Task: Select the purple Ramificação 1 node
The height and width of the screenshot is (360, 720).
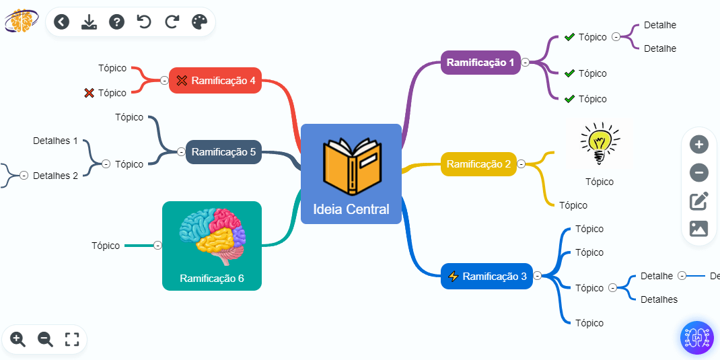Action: tap(480, 63)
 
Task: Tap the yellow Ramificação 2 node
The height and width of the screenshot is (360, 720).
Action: tap(478, 164)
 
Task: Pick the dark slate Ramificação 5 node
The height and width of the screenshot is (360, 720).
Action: tap(223, 152)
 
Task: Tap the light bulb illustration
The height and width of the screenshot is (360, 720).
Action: tap(599, 143)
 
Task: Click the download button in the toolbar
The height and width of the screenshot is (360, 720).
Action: tap(89, 22)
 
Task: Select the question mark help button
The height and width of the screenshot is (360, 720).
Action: tap(116, 22)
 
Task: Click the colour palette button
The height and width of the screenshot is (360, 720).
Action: tap(200, 22)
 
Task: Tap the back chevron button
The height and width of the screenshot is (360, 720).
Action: tap(61, 22)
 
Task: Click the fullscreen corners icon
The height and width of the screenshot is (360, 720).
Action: tap(72, 339)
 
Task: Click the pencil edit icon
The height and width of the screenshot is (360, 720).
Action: tap(699, 201)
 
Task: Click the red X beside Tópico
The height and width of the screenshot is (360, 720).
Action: tap(89, 93)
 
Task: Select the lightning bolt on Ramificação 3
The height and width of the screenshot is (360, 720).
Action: tap(453, 276)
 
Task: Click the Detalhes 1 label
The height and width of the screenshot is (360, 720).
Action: tap(55, 141)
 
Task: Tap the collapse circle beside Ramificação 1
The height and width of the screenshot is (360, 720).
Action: tap(526, 63)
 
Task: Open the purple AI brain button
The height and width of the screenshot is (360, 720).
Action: tap(696, 337)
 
